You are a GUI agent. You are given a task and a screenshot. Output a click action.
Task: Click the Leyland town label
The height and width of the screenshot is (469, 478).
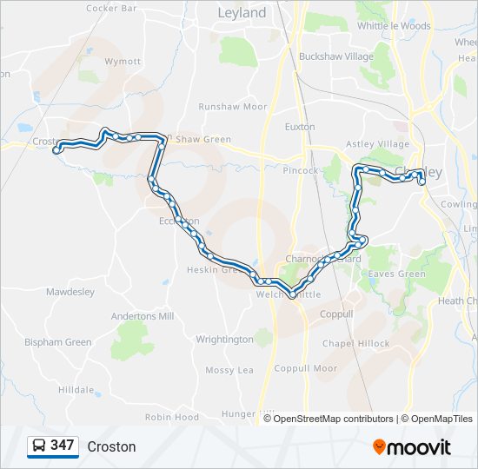click(242, 13)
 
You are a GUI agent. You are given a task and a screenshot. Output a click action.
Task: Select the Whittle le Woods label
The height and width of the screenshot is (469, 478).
click(394, 26)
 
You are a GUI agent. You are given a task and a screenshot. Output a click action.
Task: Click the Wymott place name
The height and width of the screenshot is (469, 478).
click(123, 62)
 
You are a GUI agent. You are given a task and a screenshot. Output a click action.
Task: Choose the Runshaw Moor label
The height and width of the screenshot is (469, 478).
click(232, 107)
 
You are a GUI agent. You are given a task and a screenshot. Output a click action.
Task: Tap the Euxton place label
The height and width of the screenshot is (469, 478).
click(300, 127)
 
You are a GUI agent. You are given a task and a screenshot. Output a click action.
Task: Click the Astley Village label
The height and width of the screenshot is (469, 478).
click(377, 144)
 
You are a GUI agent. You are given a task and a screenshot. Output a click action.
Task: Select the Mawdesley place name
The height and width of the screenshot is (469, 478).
click(70, 292)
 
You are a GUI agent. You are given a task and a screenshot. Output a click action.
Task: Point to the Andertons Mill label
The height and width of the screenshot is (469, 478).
click(143, 316)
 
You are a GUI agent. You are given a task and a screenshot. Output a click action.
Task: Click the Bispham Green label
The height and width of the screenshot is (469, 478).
click(57, 342)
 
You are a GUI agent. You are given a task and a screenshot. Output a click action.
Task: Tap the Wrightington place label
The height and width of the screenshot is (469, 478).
click(224, 340)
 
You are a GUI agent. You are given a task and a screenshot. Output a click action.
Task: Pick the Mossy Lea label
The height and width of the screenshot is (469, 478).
click(229, 370)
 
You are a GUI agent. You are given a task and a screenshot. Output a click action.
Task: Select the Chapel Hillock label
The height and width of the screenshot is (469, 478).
click(356, 344)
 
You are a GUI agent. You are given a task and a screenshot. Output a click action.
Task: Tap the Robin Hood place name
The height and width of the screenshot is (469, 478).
click(171, 417)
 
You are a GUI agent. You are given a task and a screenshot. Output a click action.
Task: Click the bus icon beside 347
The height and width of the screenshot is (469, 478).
click(38, 446)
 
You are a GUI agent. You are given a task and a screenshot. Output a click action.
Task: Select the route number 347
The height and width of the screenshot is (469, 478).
click(62, 446)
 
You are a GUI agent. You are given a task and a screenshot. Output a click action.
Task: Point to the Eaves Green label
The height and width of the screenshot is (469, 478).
click(397, 274)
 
